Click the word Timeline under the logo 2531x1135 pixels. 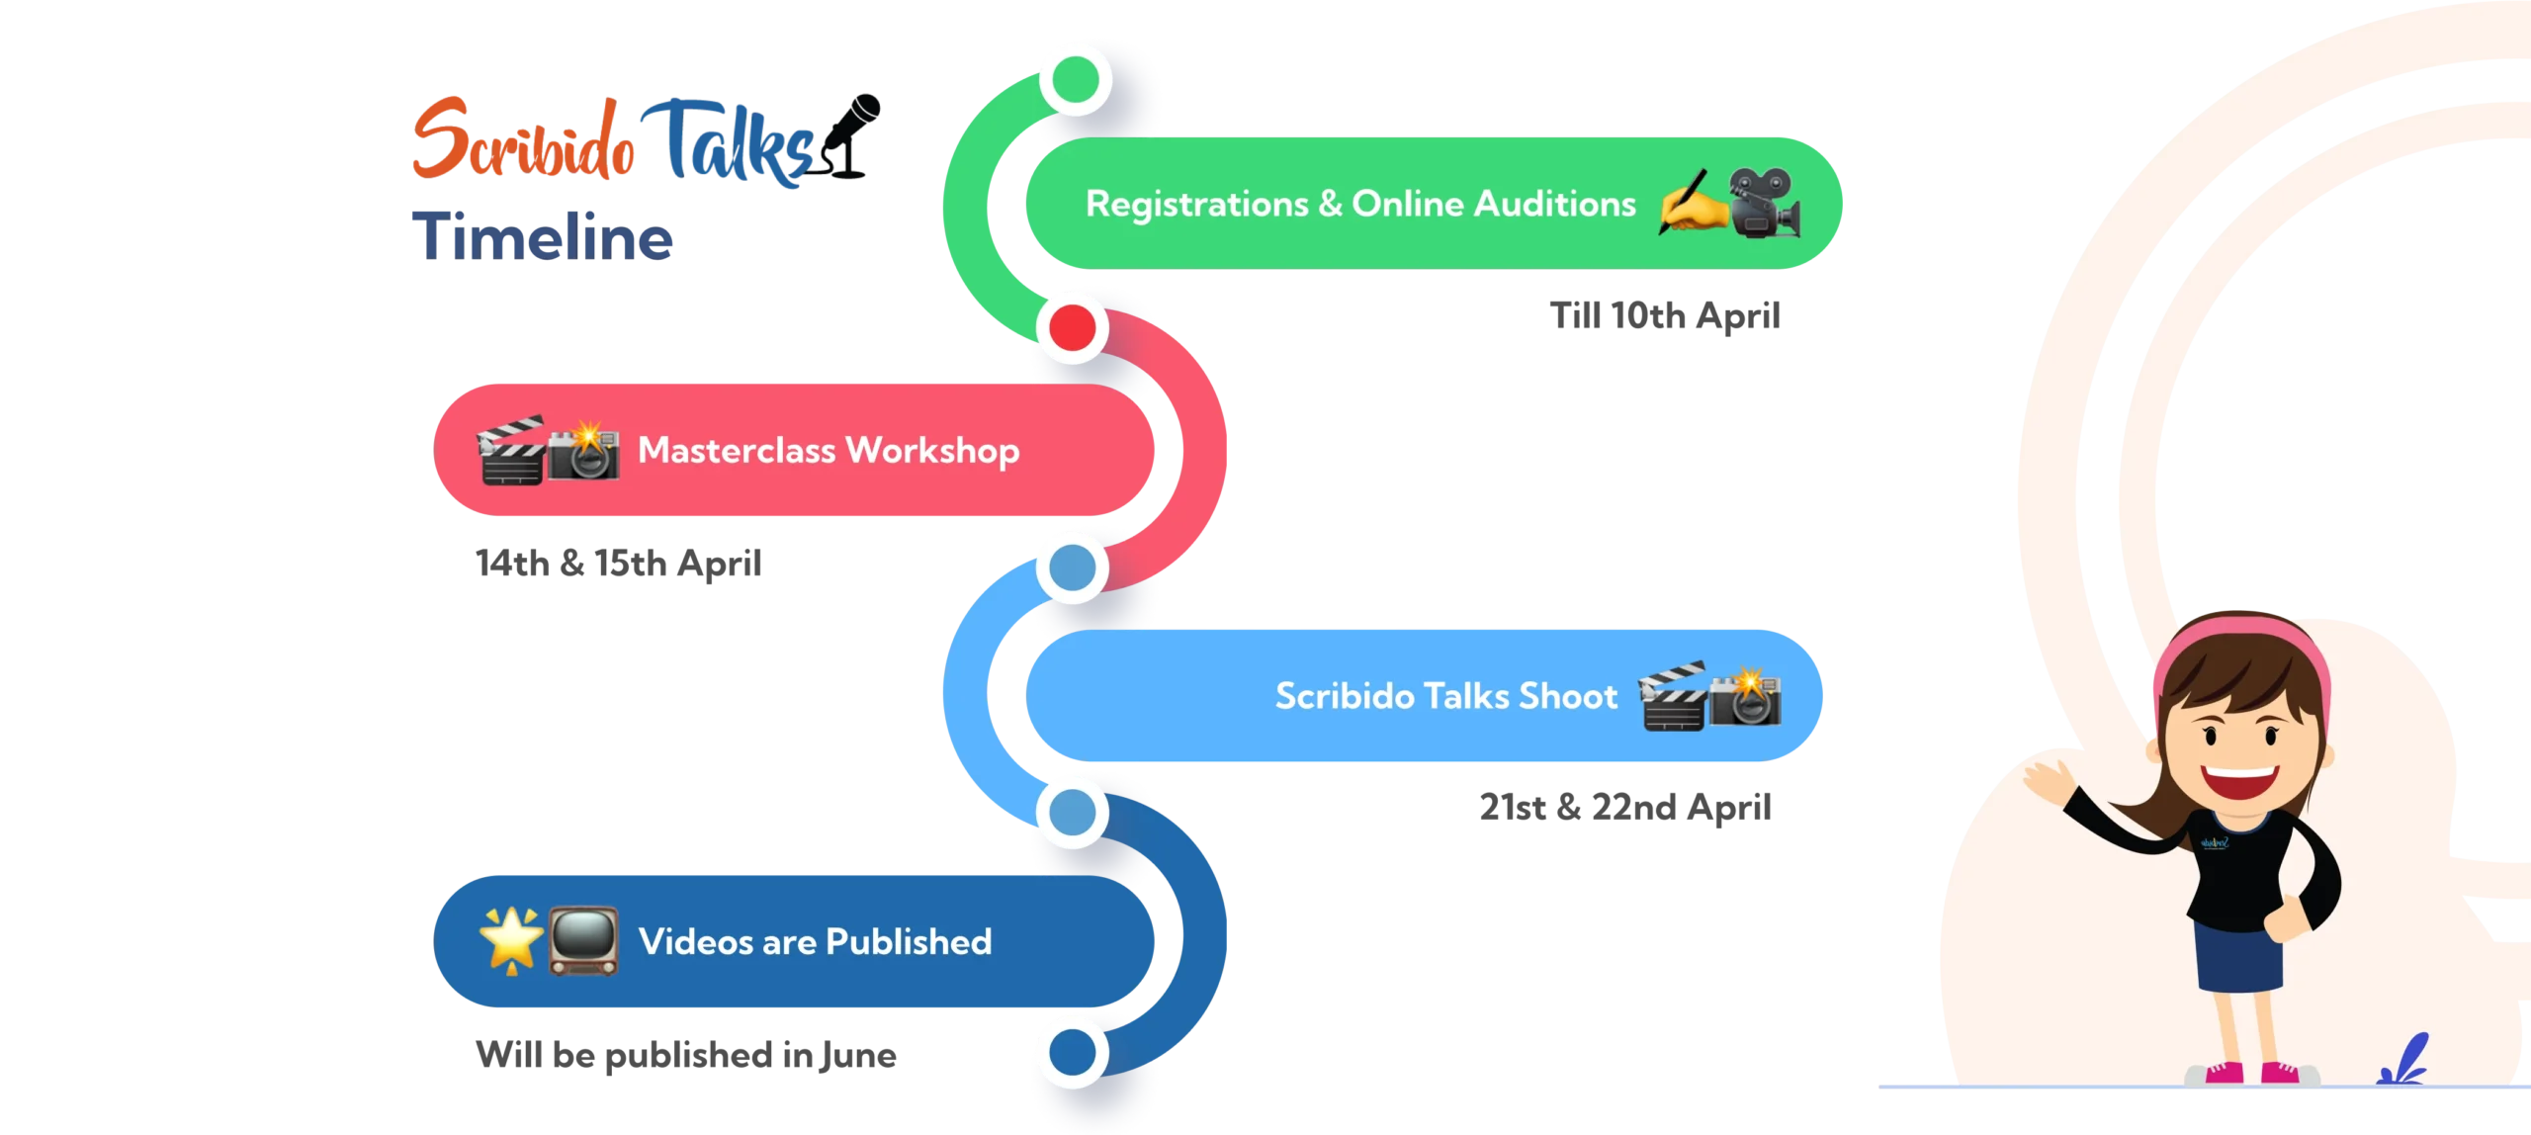[x=545, y=235]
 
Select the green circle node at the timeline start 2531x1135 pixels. [x=1075, y=79]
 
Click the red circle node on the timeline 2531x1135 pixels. [x=1073, y=327]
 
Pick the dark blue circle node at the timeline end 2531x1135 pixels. [x=1073, y=1050]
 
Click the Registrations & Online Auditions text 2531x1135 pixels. [x=1360, y=204]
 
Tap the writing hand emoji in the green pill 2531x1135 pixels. [x=1693, y=202]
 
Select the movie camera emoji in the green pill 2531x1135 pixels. [x=1766, y=202]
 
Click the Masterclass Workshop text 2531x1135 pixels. [x=829, y=450]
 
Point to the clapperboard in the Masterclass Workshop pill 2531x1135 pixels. [x=510, y=451]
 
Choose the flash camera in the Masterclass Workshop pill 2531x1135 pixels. [x=584, y=451]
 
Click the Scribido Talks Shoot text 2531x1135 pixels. [x=1446, y=696]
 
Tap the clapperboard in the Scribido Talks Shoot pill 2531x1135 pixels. [x=1673, y=697]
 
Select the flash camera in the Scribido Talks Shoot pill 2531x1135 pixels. [x=1747, y=697]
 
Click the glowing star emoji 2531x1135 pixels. [x=510, y=939]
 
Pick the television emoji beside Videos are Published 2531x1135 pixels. [x=583, y=940]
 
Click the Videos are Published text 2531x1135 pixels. [x=815, y=941]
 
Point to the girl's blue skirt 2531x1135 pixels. [x=2239, y=955]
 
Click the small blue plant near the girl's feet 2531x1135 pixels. [x=2404, y=1063]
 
